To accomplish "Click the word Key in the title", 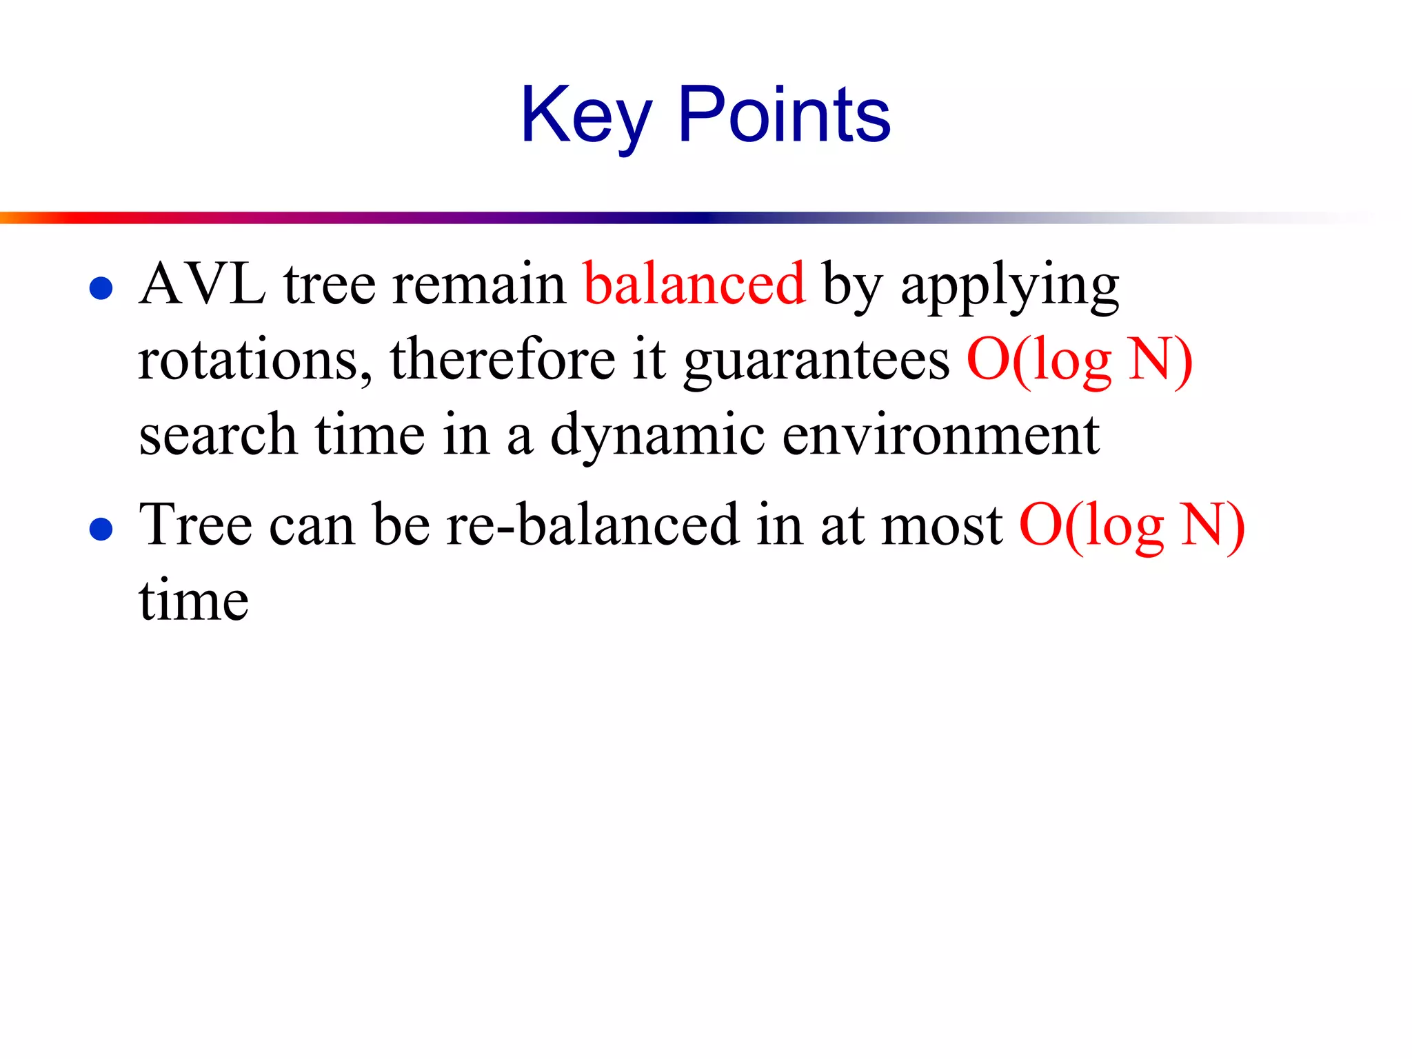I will (x=586, y=116).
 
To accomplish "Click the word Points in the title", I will (x=784, y=116).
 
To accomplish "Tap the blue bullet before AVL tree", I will (x=101, y=288).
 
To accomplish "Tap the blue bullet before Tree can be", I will (x=101, y=529).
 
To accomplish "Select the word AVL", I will (x=202, y=285).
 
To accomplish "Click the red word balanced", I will (x=694, y=285).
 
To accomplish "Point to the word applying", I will (x=1009, y=287).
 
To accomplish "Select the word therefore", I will (x=503, y=361).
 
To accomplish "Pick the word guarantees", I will (x=816, y=363).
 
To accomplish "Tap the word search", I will (x=218, y=436).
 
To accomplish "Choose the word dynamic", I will (x=657, y=437).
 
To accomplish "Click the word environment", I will (x=940, y=436).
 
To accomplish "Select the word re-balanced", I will (x=593, y=526).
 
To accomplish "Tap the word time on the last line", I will (x=194, y=601).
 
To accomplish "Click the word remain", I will (x=478, y=285).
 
